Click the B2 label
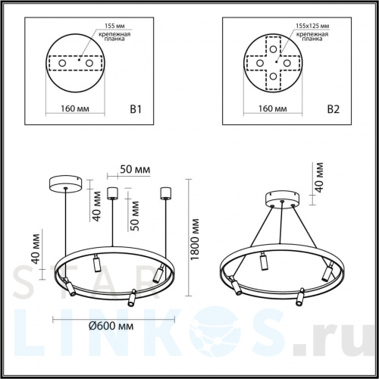click(332, 109)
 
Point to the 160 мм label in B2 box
click(271, 109)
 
